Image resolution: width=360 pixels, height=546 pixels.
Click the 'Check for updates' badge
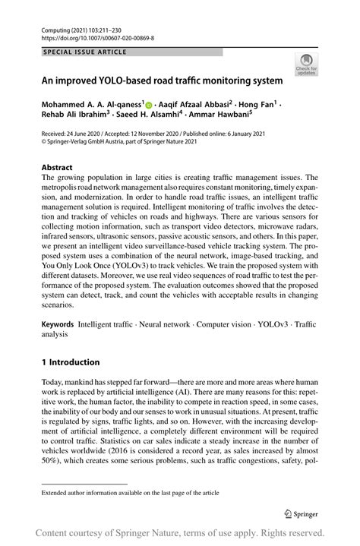pos(308,65)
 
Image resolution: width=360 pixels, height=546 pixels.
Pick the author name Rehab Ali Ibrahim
pos(79,115)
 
